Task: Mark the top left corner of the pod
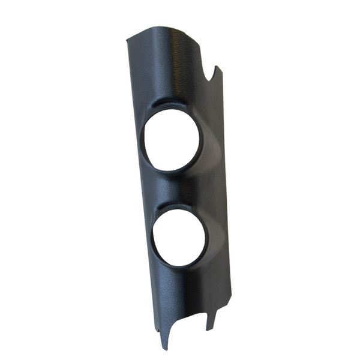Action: pos(127,41)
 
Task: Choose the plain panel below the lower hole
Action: pos(186,288)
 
